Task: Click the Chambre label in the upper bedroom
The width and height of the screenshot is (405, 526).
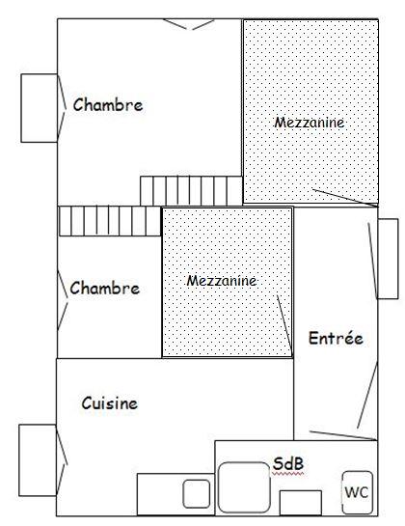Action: point(108,104)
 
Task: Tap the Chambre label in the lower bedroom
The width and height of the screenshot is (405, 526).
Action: point(105,289)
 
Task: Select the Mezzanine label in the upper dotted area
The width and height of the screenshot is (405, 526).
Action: point(310,123)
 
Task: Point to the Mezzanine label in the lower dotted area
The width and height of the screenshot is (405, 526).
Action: point(222,281)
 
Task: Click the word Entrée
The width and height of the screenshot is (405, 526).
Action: point(336,338)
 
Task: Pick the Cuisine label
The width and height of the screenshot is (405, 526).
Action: point(110,402)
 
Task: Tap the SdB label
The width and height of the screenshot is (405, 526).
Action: point(288,464)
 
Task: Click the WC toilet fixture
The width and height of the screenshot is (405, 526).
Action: point(358,492)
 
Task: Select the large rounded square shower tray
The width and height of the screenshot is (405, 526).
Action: point(244,487)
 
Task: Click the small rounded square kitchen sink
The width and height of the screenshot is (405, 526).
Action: point(197,494)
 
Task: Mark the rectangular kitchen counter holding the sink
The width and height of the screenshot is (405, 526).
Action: point(175,494)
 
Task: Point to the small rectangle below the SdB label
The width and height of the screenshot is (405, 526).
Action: point(301,503)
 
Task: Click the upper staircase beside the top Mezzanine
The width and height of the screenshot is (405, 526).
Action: point(191,190)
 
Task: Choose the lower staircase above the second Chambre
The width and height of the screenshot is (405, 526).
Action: point(110,221)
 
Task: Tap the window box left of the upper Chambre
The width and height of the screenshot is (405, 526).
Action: point(40,108)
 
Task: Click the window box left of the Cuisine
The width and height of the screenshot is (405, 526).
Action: point(38,460)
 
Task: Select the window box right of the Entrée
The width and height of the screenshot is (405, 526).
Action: point(389,259)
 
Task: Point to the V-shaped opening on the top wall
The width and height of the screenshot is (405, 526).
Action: point(189,24)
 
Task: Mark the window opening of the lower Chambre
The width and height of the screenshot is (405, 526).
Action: point(63,300)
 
